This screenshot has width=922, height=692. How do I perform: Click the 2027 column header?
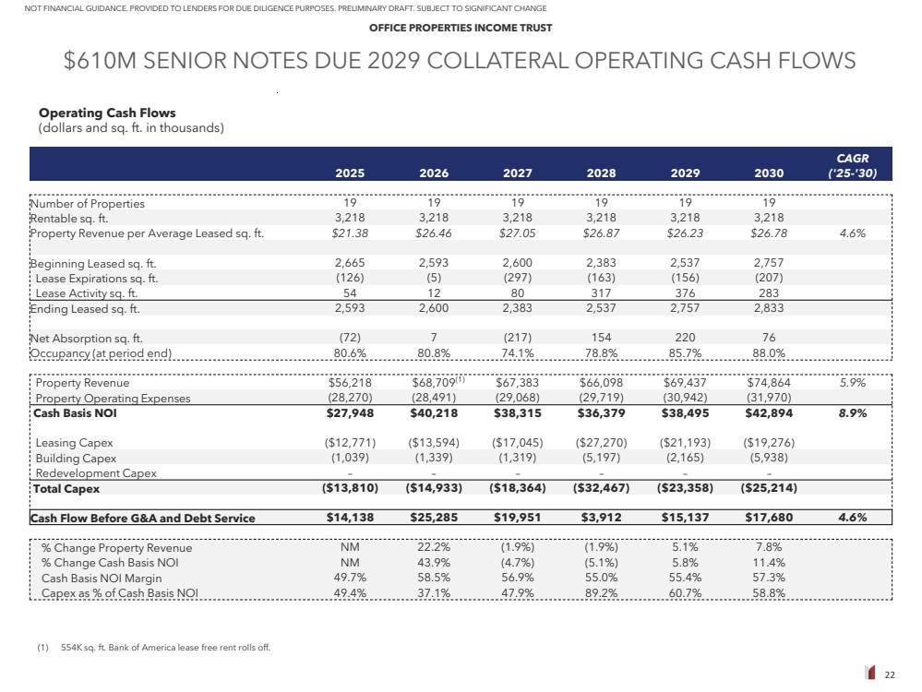[517, 173]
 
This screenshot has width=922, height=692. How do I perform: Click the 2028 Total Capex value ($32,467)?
[602, 488]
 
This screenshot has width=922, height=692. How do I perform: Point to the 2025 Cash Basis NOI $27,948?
[350, 413]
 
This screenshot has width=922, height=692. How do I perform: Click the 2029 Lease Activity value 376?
[685, 293]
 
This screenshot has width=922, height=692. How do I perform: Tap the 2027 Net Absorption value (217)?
[517, 338]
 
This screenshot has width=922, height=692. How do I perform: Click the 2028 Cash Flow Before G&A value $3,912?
[602, 518]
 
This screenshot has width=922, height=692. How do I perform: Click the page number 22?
[890, 675]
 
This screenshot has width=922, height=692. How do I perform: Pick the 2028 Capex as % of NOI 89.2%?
[602, 592]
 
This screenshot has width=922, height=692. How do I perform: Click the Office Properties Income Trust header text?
[461, 28]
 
